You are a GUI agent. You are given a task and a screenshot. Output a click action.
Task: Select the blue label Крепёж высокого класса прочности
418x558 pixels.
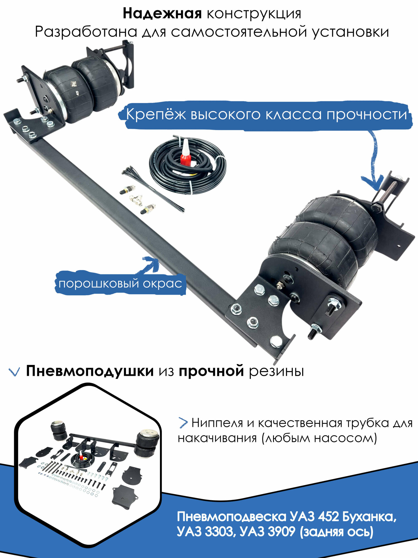tap(266, 115)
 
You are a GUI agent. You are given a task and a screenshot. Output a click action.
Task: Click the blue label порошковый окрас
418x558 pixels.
tap(120, 284)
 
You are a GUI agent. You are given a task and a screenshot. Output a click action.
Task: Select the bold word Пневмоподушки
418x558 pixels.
tap(89, 371)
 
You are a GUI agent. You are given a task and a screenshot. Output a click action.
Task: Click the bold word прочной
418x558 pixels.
tap(211, 371)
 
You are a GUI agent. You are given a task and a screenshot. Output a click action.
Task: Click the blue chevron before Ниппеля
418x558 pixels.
tap(183, 423)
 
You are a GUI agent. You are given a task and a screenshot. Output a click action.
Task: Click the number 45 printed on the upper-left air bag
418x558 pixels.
tap(77, 93)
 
